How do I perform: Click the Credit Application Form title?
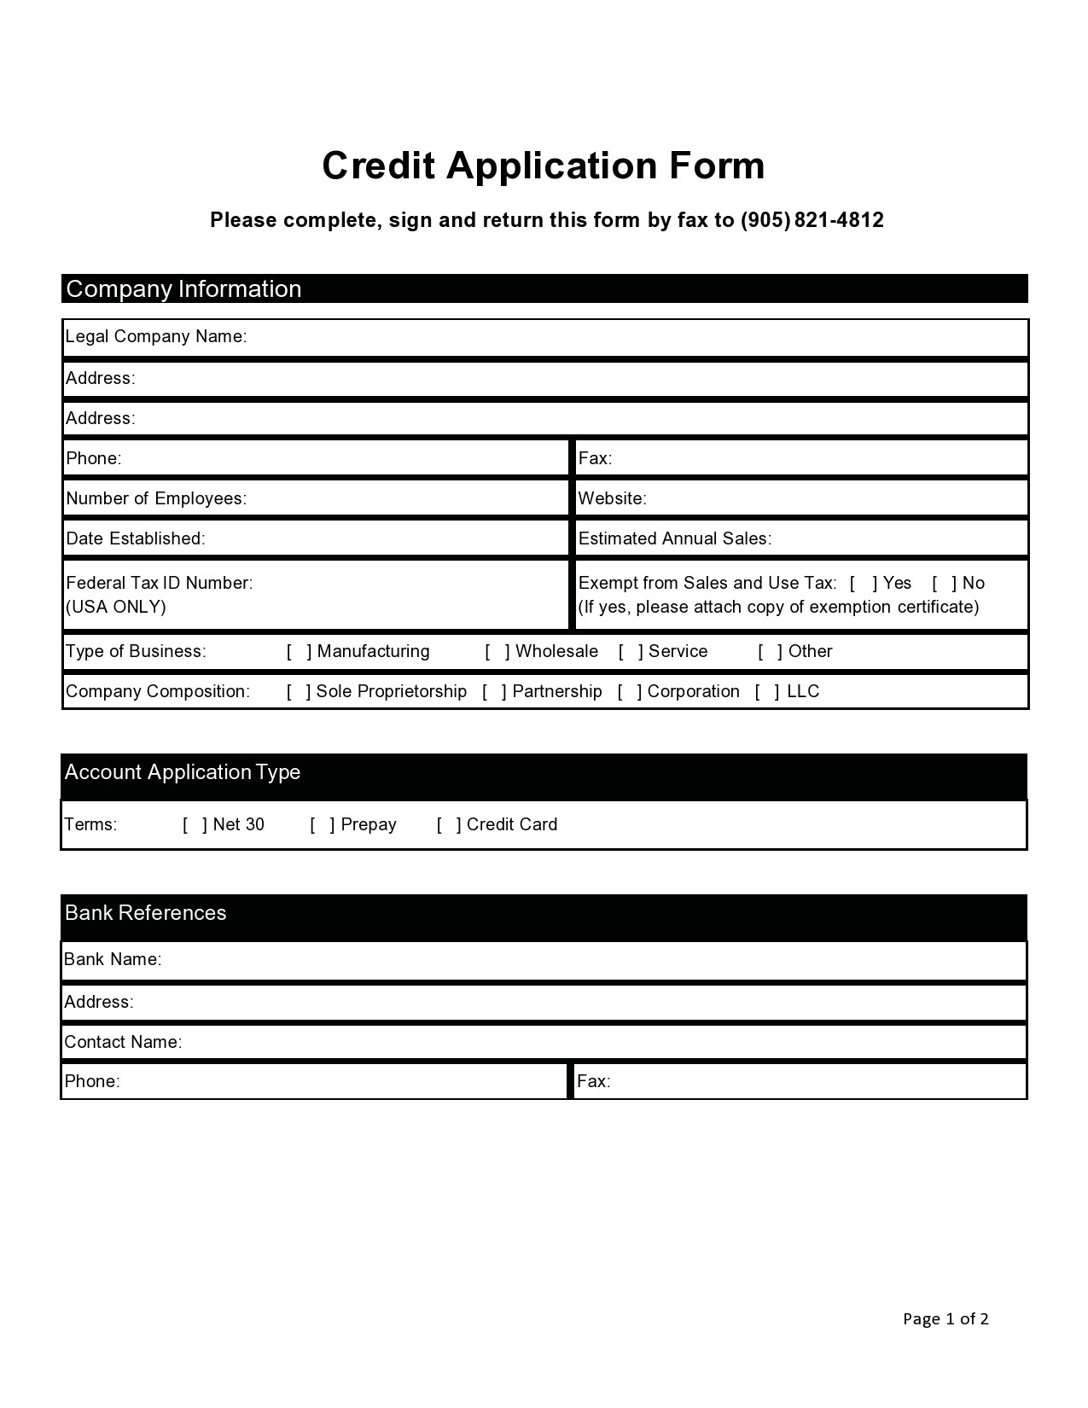coord(543,166)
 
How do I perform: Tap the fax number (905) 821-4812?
coord(812,220)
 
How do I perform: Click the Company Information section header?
coord(183,289)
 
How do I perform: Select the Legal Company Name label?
coord(156,336)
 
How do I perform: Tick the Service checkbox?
coord(631,652)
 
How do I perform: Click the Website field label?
coord(612,499)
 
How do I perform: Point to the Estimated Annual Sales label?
coord(674,539)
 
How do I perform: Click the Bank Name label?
coord(113,960)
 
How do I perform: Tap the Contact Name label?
coord(123,1043)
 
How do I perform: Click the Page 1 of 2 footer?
coord(945,1319)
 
